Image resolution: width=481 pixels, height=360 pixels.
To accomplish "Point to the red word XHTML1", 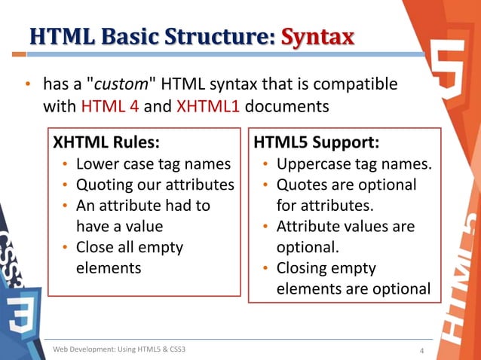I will (208, 105).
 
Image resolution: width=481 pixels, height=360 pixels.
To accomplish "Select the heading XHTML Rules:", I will (105, 142).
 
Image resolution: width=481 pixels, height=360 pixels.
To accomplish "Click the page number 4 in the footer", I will (421, 349).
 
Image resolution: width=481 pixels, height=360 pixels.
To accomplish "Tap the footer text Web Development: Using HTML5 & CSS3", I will (119, 349).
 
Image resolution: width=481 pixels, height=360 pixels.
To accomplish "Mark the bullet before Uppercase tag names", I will (267, 164).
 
